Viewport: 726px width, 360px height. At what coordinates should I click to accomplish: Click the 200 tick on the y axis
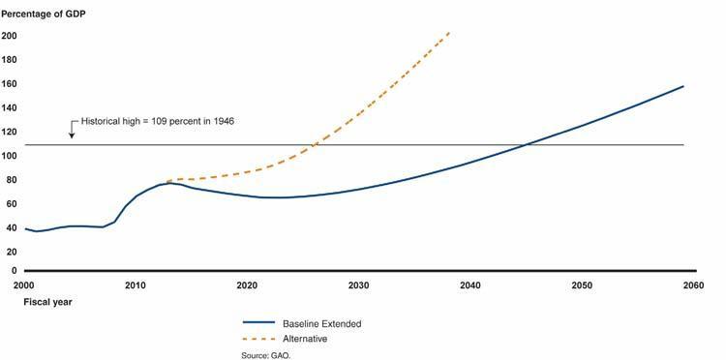point(11,36)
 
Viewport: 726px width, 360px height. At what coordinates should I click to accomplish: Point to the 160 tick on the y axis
point(11,83)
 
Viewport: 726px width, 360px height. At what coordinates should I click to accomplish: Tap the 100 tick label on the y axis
point(11,155)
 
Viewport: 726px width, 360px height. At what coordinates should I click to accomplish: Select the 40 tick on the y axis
point(9,226)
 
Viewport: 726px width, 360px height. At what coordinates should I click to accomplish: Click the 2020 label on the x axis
point(246,285)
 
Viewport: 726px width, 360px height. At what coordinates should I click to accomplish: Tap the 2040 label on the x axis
point(469,285)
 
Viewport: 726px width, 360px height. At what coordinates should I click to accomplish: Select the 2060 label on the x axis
point(692,285)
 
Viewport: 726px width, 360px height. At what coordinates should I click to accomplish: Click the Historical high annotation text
point(157,121)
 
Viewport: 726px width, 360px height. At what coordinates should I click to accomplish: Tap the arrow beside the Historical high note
point(72,130)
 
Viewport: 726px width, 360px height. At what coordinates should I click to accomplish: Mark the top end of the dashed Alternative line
point(449,32)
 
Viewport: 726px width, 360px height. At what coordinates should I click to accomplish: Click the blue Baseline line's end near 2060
point(684,86)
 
